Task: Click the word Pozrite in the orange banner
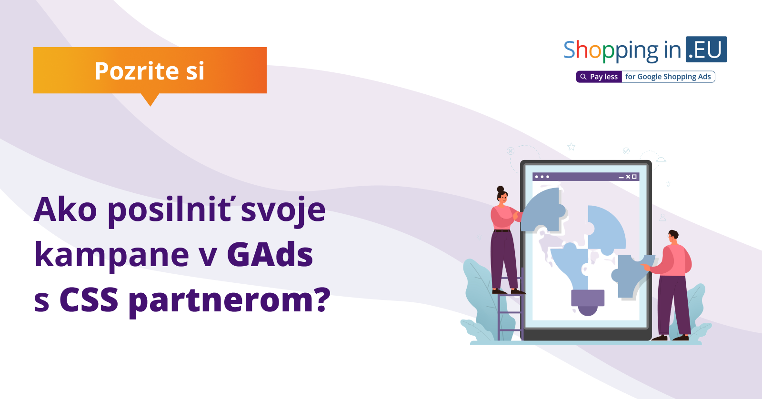pyautogui.click(x=137, y=71)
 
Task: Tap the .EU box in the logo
pyautogui.click(x=706, y=50)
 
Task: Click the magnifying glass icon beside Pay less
pyautogui.click(x=583, y=77)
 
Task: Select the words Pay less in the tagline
pyautogui.click(x=604, y=77)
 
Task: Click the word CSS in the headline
pyautogui.click(x=89, y=299)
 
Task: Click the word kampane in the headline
pyautogui.click(x=111, y=255)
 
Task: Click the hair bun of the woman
pyautogui.click(x=501, y=189)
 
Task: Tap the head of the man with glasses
pyautogui.click(x=673, y=237)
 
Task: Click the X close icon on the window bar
pyautogui.click(x=628, y=177)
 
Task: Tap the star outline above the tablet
pyautogui.click(x=571, y=147)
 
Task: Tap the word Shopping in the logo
pyautogui.click(x=611, y=50)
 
